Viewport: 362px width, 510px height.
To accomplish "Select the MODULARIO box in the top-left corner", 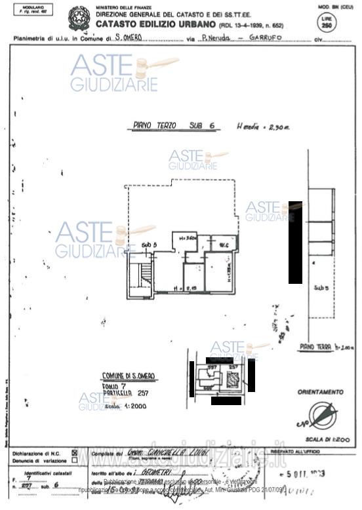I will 29,10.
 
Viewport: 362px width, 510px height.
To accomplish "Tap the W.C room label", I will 223,245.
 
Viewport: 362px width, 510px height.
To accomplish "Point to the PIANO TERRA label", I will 315,347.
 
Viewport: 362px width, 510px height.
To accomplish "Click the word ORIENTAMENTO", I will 320,392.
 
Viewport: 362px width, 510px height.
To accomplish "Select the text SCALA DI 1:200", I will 324,440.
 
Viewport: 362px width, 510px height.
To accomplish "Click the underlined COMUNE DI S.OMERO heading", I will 129,376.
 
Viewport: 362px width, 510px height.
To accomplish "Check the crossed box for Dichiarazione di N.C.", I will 74,453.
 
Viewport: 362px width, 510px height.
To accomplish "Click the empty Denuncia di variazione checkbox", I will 74,460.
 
